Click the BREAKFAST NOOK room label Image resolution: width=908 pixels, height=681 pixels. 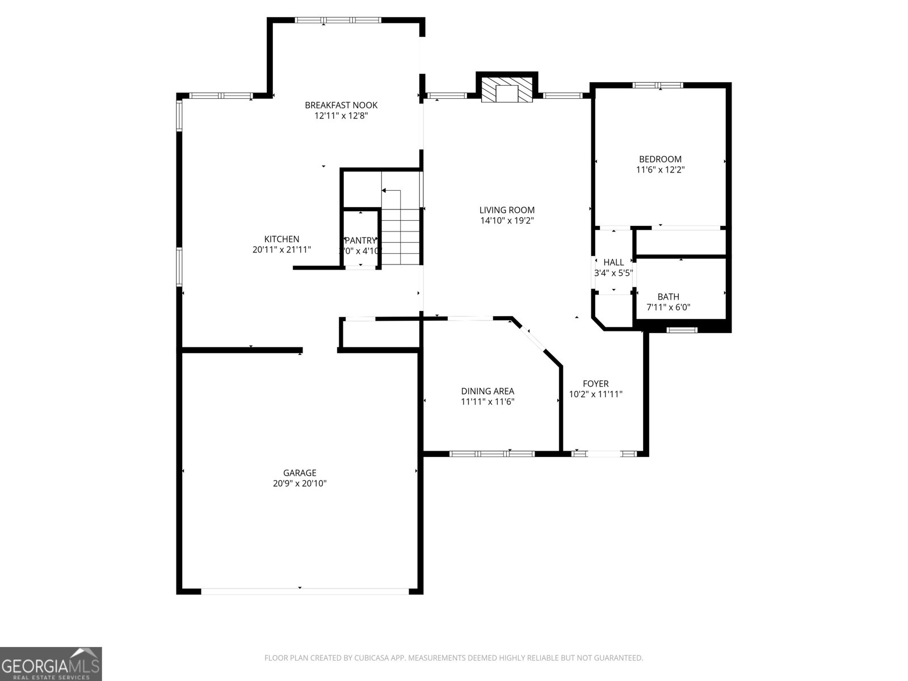340,105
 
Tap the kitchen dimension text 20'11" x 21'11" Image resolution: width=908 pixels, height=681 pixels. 281,250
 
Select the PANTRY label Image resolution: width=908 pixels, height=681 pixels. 360,241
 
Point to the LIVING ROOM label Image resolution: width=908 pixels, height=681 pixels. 507,210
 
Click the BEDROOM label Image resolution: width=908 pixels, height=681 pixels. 660,159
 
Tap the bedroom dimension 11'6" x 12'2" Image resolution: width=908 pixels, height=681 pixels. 660,170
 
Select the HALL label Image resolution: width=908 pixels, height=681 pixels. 613,262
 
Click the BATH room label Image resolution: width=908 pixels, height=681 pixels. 668,297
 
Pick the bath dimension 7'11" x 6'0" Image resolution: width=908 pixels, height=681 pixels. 668,308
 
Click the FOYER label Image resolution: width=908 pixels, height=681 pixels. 595,384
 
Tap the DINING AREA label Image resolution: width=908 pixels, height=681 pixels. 487,391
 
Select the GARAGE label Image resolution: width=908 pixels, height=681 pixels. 300,473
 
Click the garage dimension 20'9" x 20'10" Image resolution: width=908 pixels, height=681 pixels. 300,484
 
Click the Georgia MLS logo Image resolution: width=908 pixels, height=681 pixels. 51,663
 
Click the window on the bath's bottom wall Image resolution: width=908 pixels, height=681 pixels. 681,330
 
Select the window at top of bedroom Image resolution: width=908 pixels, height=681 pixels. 658,86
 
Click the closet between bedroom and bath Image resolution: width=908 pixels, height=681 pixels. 680,243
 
